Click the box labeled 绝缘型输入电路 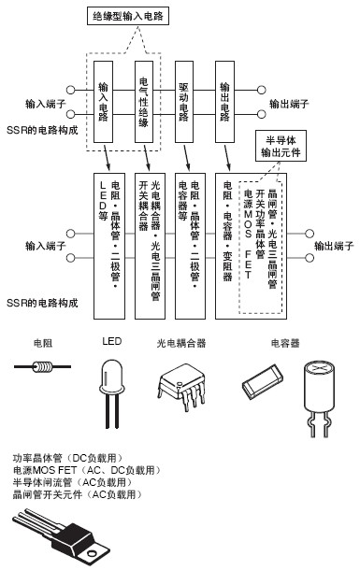coord(128,17)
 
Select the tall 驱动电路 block coord(184,102)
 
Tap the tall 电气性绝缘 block coord(144,102)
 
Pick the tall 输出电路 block coord(224,102)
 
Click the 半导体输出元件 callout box coord(281,146)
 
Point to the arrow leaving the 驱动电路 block coord(187,157)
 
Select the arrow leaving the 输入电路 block coord(107,157)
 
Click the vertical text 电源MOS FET coord(248,234)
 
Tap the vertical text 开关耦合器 coord(143,206)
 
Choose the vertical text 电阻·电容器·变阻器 coord(227,231)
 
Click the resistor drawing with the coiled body coord(43,367)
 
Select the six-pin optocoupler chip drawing coord(180,386)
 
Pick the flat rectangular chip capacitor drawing coord(263,381)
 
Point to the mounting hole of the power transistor coord(92,555)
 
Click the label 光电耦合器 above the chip coord(181,343)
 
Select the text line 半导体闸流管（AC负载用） coord(72,482)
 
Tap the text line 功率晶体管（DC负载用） coord(67,458)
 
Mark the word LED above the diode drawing coord(111,341)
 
